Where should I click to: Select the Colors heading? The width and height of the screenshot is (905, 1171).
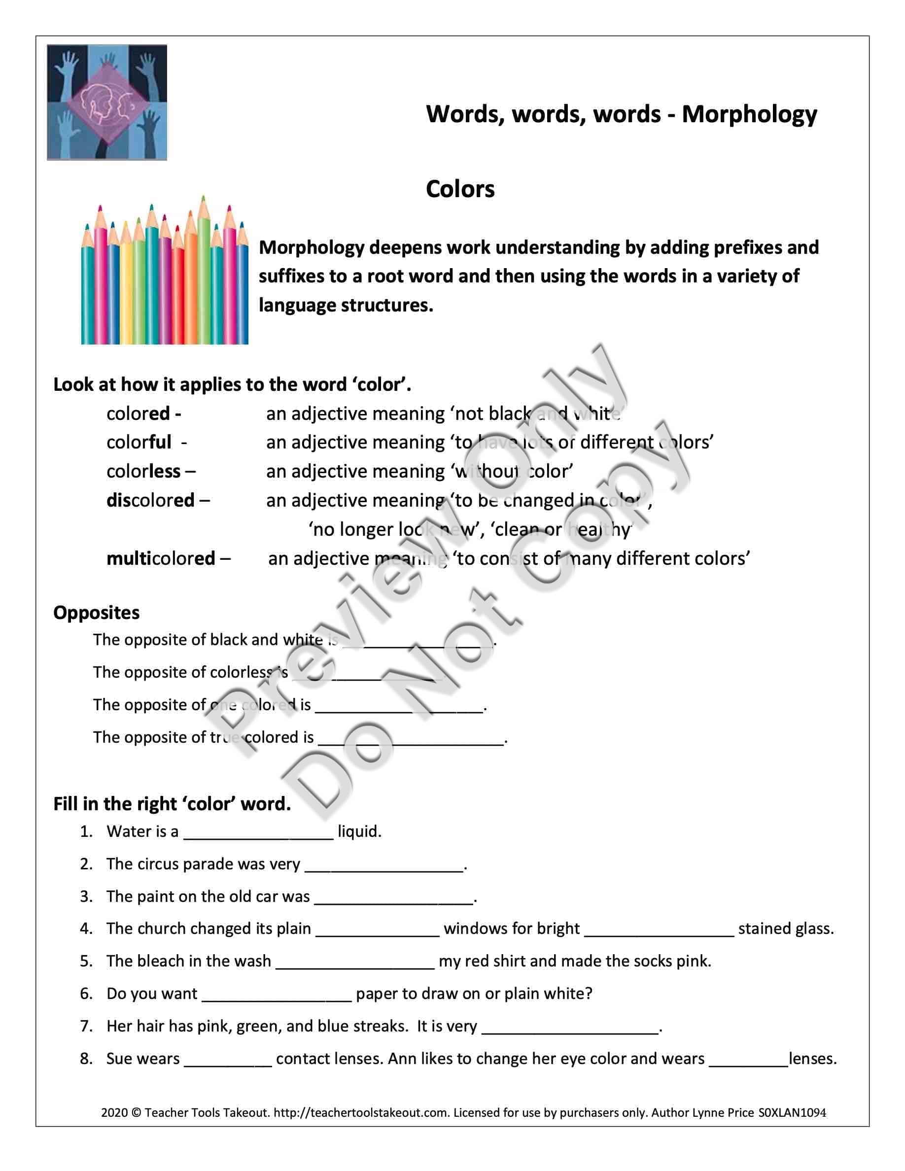(x=460, y=189)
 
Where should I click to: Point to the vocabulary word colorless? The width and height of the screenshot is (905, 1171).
(x=143, y=471)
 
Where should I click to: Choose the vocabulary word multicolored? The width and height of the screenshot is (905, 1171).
(x=161, y=559)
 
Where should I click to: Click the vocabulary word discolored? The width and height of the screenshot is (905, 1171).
(x=150, y=500)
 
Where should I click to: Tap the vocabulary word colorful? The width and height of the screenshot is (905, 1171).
(x=139, y=443)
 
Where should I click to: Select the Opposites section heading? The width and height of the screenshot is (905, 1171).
(x=97, y=612)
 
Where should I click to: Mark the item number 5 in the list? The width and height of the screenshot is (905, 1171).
(x=86, y=961)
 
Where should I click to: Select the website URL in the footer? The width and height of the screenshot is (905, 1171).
(x=361, y=1112)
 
